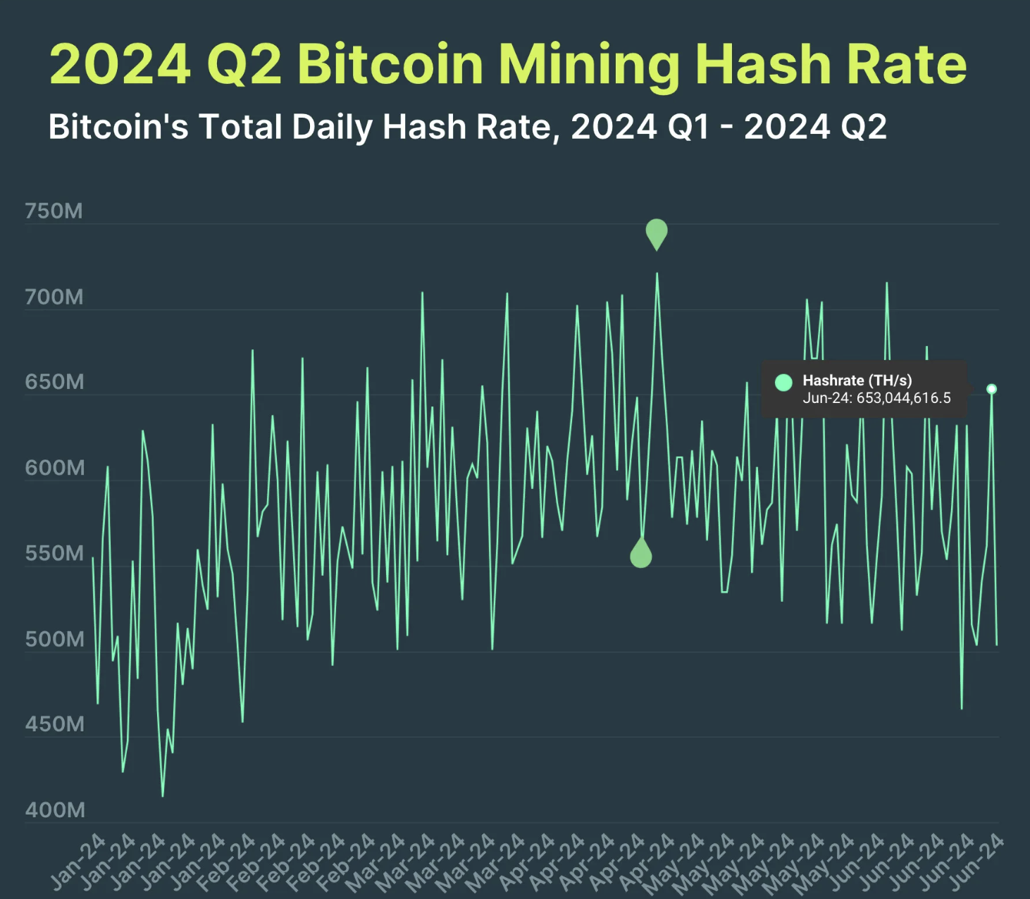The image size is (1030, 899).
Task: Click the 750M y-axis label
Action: pos(54,211)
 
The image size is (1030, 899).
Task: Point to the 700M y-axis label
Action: pos(54,297)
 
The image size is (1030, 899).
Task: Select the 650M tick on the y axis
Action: pos(54,382)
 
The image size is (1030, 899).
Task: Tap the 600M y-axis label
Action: pos(54,468)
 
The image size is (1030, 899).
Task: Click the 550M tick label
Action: pos(54,553)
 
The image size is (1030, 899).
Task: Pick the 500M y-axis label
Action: pos(54,639)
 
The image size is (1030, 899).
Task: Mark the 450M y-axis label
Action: pos(54,724)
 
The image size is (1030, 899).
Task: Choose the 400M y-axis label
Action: pos(54,810)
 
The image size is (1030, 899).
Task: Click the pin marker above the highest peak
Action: pos(657,232)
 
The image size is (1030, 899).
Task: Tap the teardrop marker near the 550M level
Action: pos(641,554)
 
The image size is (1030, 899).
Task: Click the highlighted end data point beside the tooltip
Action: pos(991,389)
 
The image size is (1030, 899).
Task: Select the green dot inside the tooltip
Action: pos(783,383)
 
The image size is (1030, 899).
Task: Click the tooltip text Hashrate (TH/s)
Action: pos(857,380)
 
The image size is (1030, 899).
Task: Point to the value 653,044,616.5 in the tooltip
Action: pos(904,398)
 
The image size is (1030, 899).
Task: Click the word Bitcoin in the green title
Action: pos(390,65)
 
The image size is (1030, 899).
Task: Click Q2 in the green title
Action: pos(244,65)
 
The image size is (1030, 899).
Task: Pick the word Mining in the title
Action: pos(588,65)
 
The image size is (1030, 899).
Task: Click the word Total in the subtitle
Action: pos(240,128)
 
